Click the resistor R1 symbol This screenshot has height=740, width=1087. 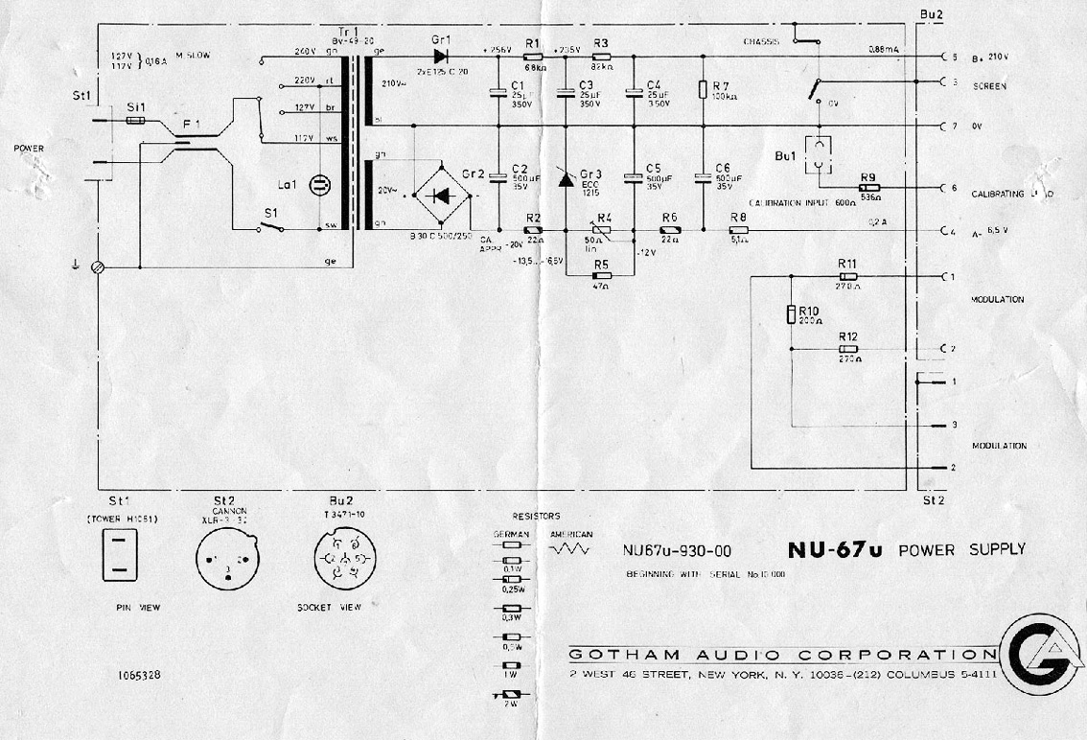point(534,57)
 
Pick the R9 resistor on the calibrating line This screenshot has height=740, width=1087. point(870,188)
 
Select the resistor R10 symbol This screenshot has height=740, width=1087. point(790,313)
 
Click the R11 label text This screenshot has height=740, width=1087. point(846,263)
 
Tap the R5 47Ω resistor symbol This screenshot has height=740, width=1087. point(601,275)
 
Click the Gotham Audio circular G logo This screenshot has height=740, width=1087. point(1040,657)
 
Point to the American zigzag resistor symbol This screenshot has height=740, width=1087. point(571,550)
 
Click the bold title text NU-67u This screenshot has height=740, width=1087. point(835,550)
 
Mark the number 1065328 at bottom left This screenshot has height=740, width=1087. point(139,675)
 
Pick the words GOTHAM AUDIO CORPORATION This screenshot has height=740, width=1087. point(782,656)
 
